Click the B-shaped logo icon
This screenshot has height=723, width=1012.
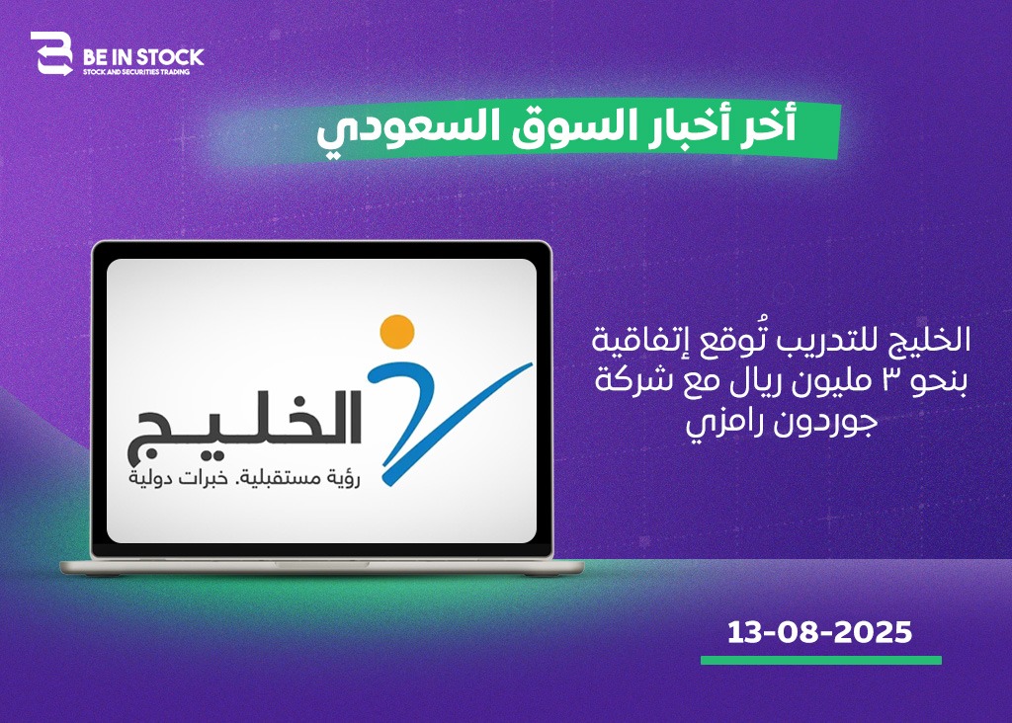51,53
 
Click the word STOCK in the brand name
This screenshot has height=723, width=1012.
170,57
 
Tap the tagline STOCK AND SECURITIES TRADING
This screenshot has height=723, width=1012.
136,72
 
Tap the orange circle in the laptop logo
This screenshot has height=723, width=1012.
397,331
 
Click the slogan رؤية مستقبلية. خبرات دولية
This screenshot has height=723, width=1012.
245,479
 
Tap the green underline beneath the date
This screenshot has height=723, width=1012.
821,661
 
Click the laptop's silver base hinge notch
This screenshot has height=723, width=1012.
321,564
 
